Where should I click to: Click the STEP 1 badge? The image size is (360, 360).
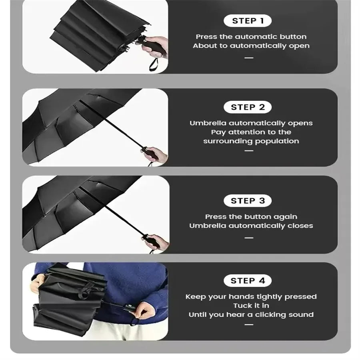(x=248, y=21)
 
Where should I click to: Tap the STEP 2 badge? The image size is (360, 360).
(x=248, y=107)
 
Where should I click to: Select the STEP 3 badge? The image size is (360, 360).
(x=248, y=201)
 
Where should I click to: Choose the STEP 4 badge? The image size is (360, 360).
(x=248, y=281)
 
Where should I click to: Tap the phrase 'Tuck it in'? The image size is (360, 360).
(x=251, y=306)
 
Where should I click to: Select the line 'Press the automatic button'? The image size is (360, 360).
(x=251, y=37)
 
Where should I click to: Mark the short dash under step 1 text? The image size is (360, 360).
(x=249, y=58)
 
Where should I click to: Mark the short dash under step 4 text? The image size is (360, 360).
(x=249, y=324)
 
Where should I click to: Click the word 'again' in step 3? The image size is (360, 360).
(x=286, y=217)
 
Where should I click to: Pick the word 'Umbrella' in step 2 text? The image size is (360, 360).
(x=208, y=123)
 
